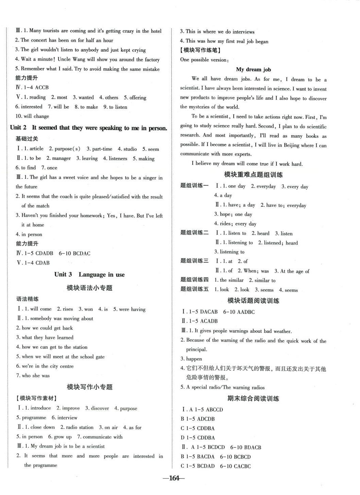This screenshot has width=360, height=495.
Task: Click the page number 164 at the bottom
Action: click(174, 478)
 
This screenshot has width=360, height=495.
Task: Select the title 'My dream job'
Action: click(253, 69)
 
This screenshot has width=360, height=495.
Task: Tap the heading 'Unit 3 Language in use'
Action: click(89, 274)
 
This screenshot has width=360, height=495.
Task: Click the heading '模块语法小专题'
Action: click(89, 288)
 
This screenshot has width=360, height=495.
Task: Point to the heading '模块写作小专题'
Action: click(89, 387)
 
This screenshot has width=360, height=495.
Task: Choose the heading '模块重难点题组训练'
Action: click(253, 174)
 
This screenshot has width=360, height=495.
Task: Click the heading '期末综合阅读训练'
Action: click(253, 398)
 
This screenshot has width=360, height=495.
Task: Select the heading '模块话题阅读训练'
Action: click(253, 301)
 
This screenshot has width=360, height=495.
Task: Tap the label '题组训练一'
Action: click(194, 186)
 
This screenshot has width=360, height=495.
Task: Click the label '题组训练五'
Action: click(194, 289)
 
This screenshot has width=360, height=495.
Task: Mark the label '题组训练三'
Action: click(194, 261)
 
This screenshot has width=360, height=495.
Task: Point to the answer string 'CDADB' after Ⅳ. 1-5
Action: click(44, 253)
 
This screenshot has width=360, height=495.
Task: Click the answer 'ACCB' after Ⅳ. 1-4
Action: click(42, 87)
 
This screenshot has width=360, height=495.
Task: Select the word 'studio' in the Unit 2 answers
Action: click(130, 149)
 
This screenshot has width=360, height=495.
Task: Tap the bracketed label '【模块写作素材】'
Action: click(37, 398)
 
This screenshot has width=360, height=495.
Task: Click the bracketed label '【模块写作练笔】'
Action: click(200, 50)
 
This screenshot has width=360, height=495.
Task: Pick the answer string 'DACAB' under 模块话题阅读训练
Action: click(209, 312)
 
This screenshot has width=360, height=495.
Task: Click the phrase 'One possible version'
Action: click(204, 60)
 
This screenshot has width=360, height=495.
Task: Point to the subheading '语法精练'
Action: click(27, 299)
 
